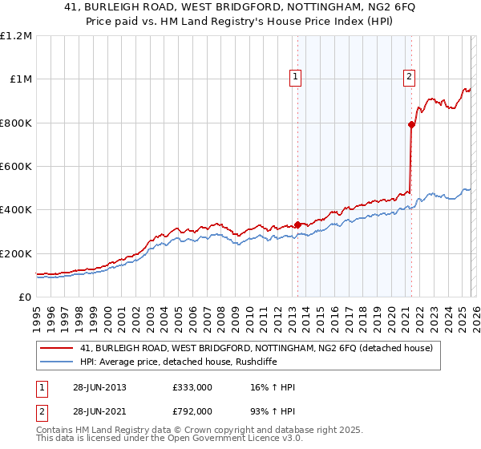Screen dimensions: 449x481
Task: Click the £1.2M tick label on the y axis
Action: click(16, 36)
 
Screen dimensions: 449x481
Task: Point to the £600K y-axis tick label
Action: click(16, 167)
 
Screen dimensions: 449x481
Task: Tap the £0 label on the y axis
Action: click(25, 297)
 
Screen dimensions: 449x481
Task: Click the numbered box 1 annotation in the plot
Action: click(295, 77)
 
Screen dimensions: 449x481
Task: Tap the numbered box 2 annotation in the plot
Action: click(409, 77)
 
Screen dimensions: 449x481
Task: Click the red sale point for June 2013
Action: click(297, 224)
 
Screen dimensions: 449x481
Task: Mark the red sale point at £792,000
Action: click(411, 124)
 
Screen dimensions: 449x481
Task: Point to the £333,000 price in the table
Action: click(192, 387)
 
